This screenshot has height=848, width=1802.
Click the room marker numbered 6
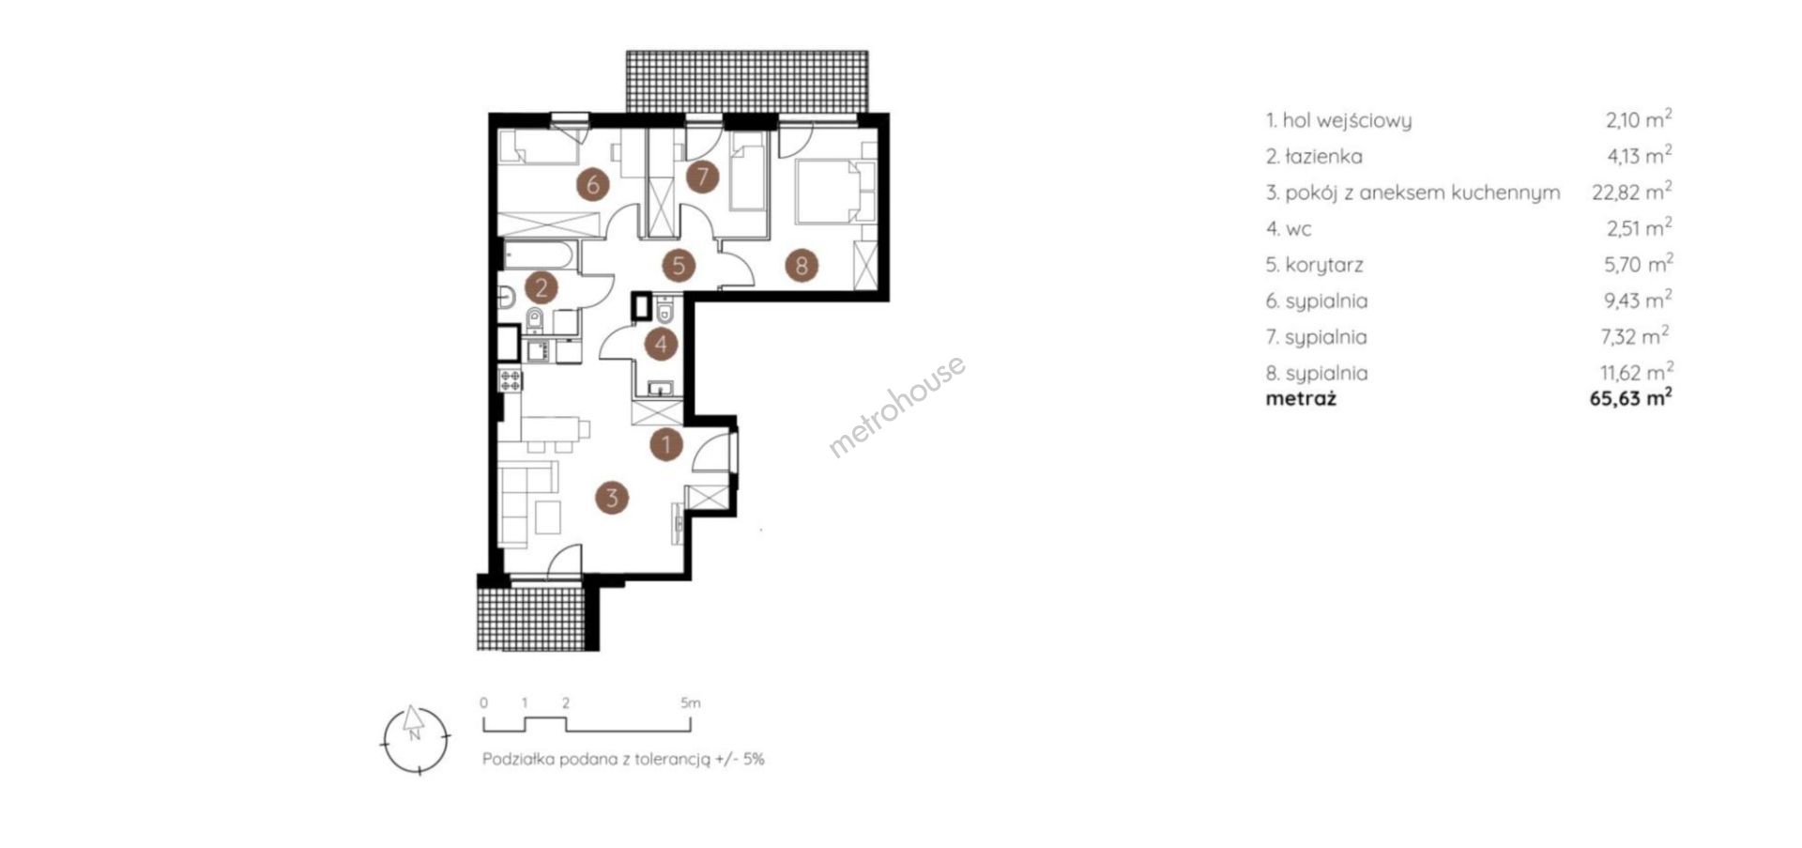click(593, 185)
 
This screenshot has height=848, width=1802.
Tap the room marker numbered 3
click(612, 498)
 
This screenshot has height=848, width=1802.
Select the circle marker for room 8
click(801, 266)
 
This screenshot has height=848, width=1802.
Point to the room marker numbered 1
click(666, 443)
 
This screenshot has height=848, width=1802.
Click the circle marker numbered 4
click(661, 345)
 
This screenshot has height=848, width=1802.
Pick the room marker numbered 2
click(542, 287)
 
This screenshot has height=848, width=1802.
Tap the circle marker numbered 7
click(701, 177)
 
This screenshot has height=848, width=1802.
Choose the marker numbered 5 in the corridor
click(678, 266)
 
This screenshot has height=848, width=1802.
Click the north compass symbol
click(415, 740)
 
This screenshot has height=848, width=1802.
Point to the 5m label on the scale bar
click(691, 702)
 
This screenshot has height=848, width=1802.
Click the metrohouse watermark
click(896, 406)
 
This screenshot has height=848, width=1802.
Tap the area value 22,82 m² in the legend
click(1632, 192)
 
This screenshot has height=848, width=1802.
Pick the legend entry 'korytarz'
click(1323, 265)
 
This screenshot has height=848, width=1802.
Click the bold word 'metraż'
click(1301, 398)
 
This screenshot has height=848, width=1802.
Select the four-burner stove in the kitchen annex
click(512, 380)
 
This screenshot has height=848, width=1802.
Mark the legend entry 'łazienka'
click(1323, 156)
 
